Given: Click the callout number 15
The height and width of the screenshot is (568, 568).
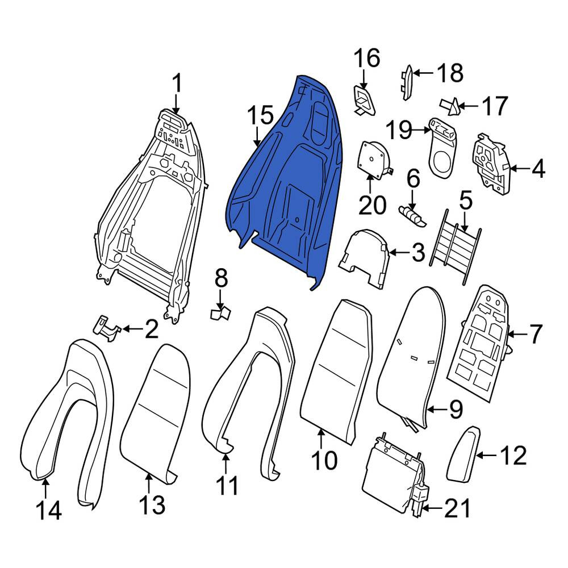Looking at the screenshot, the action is (x=260, y=115).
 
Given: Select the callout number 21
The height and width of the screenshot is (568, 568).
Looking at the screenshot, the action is (x=457, y=508).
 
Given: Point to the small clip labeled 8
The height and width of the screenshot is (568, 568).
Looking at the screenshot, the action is (x=220, y=312).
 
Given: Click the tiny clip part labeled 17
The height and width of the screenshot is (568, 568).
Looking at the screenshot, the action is (x=450, y=107).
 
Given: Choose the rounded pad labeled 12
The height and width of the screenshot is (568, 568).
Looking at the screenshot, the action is (x=463, y=454).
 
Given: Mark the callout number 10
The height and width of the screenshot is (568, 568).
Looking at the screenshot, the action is (x=324, y=460).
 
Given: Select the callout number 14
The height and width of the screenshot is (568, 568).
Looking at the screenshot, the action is (x=49, y=511).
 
